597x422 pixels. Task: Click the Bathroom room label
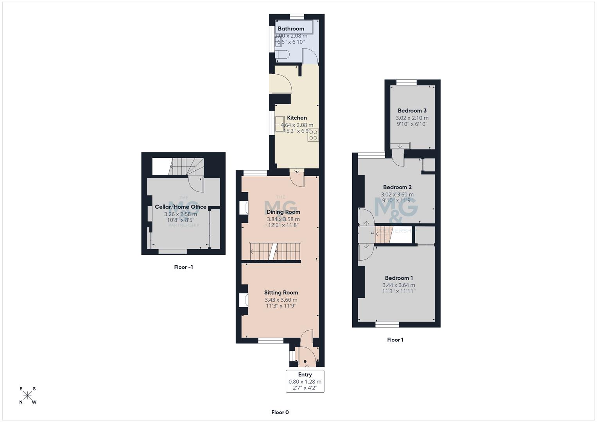click(291, 29)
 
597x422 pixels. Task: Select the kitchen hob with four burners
click(313, 135)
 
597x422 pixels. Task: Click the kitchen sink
click(280, 123)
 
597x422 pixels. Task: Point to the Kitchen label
click(297, 118)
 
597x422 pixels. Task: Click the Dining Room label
click(283, 212)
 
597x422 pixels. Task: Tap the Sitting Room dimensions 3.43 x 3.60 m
click(281, 300)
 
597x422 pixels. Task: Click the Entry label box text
click(305, 375)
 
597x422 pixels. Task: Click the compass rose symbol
click(27, 395)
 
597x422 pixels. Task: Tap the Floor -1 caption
click(183, 267)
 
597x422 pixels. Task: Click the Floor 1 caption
click(395, 340)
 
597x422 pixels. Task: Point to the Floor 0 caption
click(280, 412)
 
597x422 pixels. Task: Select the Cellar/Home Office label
click(181, 207)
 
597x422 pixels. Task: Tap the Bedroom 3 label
click(412, 111)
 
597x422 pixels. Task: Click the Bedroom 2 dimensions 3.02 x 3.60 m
click(397, 194)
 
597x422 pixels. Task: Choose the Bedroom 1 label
click(399, 278)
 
